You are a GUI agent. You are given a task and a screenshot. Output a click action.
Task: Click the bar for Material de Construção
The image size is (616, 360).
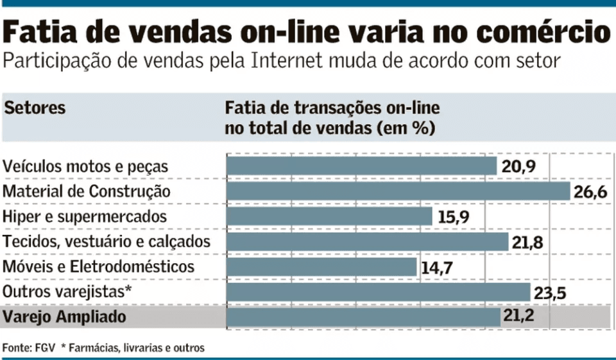[x=398, y=191]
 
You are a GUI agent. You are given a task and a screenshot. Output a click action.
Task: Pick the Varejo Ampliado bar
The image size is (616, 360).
[x=363, y=316]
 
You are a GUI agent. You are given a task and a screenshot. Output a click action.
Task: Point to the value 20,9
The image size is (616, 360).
[x=518, y=167]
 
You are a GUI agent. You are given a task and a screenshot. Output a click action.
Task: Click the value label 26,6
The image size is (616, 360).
[x=590, y=192]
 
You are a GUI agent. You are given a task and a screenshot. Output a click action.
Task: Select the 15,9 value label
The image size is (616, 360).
[x=454, y=217]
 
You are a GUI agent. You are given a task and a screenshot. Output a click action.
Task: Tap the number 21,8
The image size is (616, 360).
[x=528, y=242]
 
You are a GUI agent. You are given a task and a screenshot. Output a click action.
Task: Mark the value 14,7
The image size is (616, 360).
[x=438, y=267]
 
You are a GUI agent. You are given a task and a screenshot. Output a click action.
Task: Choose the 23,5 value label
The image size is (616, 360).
[x=550, y=292]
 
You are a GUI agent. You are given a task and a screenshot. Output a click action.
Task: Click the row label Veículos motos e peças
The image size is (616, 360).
[x=86, y=167]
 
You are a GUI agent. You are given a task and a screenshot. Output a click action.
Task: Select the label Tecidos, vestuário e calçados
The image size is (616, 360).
[x=107, y=242]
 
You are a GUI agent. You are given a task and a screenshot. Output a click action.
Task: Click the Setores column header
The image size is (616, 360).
[x=35, y=108]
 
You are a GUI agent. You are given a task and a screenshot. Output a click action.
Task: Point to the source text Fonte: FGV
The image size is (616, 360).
[x=29, y=348]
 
